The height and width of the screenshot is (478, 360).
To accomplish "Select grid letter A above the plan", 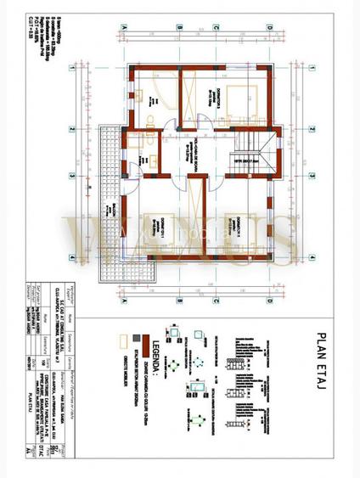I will (125, 27).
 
